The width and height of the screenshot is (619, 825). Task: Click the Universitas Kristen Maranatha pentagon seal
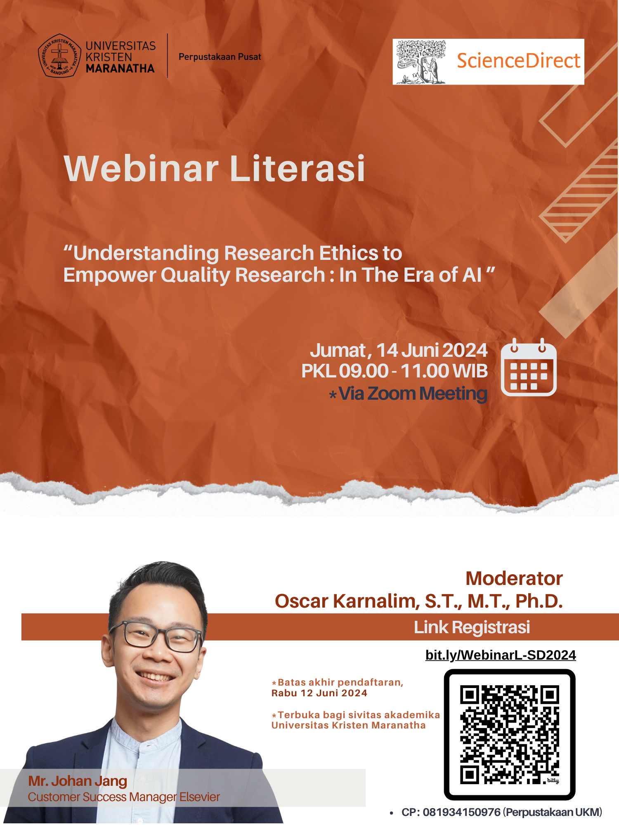59,56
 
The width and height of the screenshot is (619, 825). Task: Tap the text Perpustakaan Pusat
220,57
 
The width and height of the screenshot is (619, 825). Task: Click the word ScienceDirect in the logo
518,61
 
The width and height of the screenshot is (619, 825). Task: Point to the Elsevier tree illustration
421,62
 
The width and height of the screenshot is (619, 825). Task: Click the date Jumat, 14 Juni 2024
399,350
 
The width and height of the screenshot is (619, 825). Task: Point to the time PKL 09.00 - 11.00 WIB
395,371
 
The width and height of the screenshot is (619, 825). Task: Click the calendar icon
529,367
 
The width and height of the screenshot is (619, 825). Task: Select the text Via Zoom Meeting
413,394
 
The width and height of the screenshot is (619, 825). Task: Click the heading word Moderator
514,578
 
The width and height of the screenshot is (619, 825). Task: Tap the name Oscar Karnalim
347,601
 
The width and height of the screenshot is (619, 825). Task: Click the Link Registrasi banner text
472,627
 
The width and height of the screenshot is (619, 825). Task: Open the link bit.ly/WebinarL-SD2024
501,655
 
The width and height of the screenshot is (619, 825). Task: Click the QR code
510,735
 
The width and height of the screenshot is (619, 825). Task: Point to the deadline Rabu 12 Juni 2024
319,693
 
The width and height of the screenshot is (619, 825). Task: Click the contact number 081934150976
461,812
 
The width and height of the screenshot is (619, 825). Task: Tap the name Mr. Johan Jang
78,781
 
